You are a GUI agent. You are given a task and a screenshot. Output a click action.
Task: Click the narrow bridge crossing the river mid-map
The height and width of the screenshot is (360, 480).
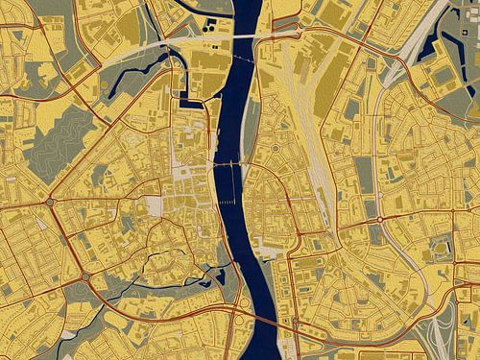(229, 165)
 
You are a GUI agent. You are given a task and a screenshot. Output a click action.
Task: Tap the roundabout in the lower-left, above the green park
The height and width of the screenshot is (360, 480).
(85, 276)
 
